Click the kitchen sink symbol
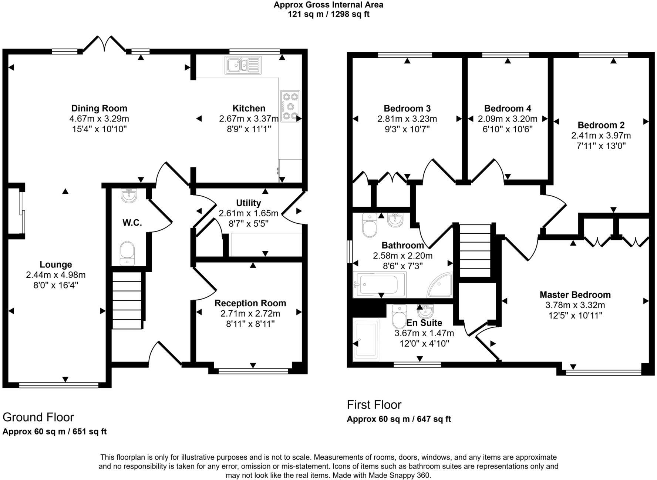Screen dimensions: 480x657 [243, 65]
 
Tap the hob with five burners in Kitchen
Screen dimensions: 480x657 [290, 106]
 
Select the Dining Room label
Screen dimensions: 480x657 [99, 108]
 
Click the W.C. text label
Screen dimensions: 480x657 [132, 223]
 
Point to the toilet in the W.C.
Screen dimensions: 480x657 [127, 253]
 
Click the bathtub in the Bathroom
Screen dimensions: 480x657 [380, 284]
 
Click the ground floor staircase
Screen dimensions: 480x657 [127, 300]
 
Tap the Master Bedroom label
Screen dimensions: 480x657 [575, 295]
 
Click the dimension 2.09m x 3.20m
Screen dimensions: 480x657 [507, 119]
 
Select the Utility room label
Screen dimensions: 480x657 [248, 203]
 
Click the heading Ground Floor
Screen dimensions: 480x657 [38, 417]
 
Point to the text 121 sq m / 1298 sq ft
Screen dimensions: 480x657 [328, 14]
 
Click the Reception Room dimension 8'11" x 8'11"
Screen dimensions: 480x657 [250, 324]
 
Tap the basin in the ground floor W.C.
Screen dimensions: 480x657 [129, 196]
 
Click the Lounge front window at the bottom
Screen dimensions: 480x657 [59, 386]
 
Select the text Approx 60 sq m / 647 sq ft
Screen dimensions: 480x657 [399, 419]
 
